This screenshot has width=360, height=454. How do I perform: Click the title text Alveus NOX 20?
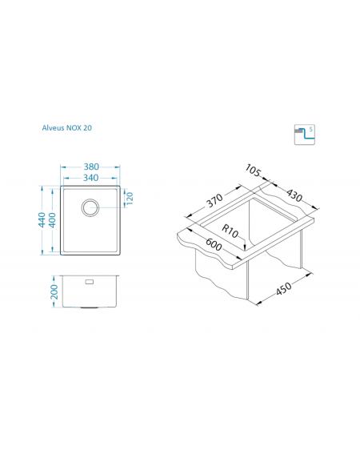67,127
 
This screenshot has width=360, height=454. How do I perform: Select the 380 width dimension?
91,167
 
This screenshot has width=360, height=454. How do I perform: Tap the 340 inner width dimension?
91,178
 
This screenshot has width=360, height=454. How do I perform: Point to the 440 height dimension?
42,219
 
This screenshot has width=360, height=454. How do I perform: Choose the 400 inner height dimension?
52,220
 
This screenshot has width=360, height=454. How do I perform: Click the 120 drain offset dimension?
130,199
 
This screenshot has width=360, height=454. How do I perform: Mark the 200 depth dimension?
54,291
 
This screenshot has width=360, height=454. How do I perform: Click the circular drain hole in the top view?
90,207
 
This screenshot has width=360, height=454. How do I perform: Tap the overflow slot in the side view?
89,282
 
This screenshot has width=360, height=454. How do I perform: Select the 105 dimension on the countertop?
253,171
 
